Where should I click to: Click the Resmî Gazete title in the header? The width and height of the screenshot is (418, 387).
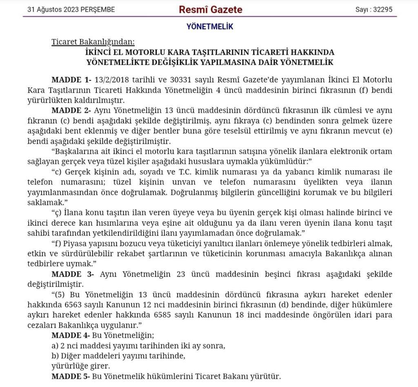click(x=210, y=9)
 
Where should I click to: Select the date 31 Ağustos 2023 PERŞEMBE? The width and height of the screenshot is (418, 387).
click(x=71, y=9)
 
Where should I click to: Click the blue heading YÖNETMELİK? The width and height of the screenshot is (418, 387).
click(x=210, y=27)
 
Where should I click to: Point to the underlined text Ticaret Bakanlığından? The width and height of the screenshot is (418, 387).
click(x=93, y=42)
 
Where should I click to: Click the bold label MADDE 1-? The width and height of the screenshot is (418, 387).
click(x=71, y=79)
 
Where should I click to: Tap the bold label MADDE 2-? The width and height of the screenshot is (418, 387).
click(x=71, y=111)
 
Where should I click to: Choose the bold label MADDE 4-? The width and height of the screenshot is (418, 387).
click(x=71, y=336)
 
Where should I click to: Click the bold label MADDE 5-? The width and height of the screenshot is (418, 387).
click(x=71, y=376)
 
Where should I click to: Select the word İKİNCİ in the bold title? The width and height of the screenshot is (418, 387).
click(x=100, y=53)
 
